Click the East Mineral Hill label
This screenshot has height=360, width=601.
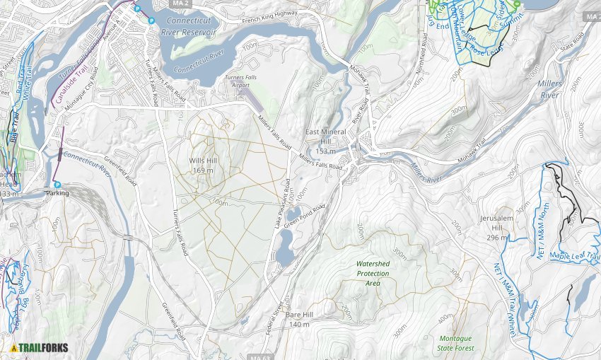[x=325, y=141]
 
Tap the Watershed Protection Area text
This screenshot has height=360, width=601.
[x=373, y=273]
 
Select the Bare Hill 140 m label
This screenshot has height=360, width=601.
[x=299, y=319]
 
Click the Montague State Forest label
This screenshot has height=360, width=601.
[x=455, y=343]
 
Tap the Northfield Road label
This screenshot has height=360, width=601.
[x=425, y=49]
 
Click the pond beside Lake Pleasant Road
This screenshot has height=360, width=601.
[x=285, y=251]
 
